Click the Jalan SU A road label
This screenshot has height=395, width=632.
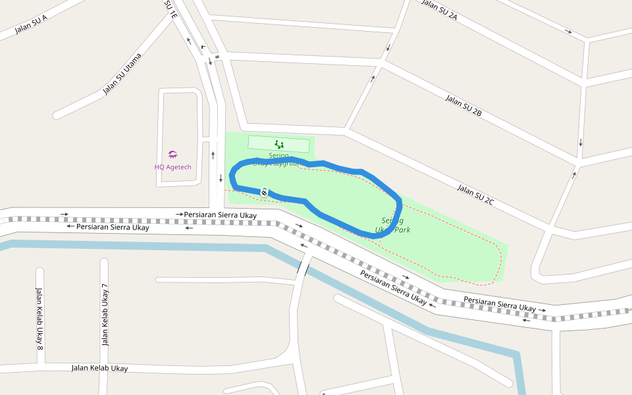tap(31, 25)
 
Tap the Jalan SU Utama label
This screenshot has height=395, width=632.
tap(122, 74)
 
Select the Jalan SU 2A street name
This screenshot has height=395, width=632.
tap(439, 11)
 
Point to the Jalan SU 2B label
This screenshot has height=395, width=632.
tap(463, 105)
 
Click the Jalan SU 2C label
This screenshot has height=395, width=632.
tap(475, 195)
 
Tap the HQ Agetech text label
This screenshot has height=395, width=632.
tap(172, 167)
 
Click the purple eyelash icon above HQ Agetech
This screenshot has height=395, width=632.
tap(172, 155)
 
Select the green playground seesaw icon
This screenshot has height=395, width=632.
tap(278, 144)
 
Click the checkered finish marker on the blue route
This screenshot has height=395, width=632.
tap(264, 192)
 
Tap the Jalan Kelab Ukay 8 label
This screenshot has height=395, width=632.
tap(39, 317)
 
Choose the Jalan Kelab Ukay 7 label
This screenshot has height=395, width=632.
tap(104, 315)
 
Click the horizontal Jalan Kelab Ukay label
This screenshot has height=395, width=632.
tap(99, 368)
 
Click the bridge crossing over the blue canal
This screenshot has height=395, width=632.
tap(304, 266)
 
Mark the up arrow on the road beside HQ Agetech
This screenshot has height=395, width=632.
tap(213, 155)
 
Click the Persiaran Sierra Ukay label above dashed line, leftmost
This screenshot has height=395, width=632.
tap(220, 215)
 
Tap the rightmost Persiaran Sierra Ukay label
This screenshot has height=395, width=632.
tap(500, 304)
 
